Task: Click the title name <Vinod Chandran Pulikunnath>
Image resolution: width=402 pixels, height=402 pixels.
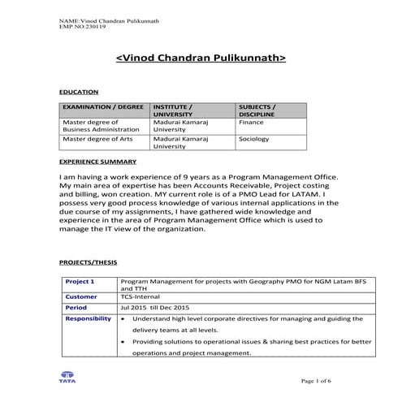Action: pos(201,58)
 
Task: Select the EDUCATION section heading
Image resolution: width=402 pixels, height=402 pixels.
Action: pos(80,92)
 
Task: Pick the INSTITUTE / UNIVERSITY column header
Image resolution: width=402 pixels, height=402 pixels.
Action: pos(174,111)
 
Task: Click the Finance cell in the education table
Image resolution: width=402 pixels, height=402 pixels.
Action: pos(251,123)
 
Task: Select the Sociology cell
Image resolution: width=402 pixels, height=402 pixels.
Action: pos(253,139)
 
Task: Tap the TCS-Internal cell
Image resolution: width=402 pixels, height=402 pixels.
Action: pos(140,297)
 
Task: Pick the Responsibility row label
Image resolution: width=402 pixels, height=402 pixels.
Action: pos(89,319)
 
